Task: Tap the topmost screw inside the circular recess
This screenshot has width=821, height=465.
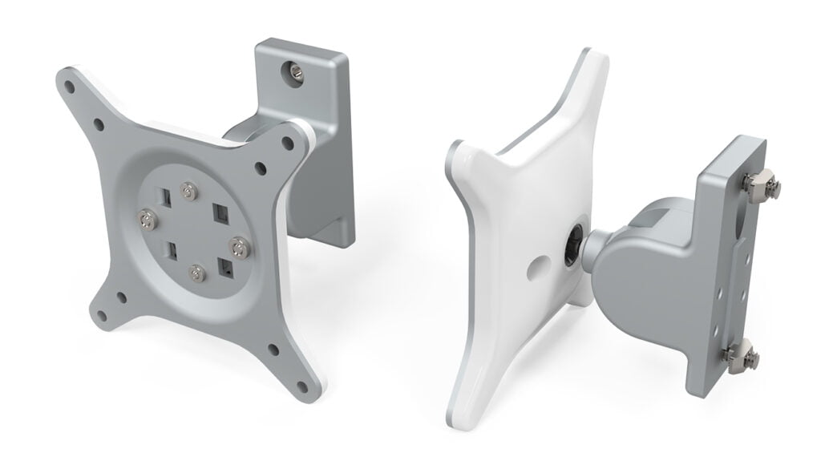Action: point(188,190)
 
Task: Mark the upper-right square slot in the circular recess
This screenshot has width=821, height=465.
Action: point(218,212)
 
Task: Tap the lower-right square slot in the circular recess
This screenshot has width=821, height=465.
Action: point(229,269)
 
